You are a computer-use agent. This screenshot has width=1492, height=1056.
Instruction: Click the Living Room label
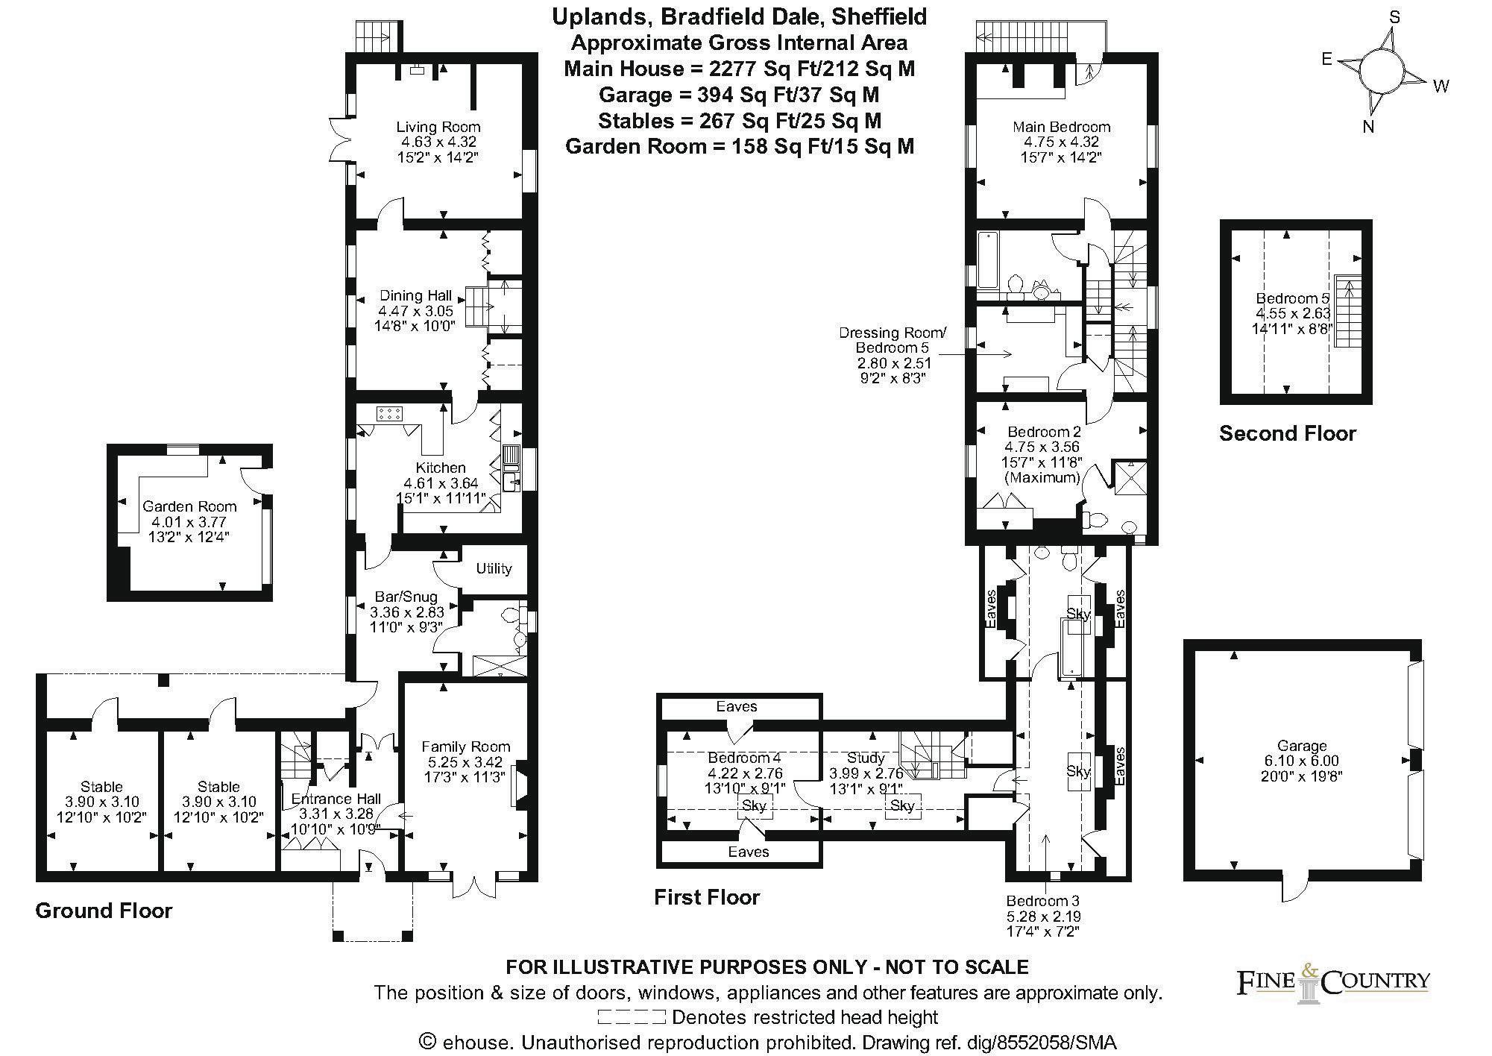[x=438, y=127]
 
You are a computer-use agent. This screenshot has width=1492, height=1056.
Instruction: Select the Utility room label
[x=494, y=568]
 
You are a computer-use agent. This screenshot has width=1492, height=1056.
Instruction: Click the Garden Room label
[x=189, y=506]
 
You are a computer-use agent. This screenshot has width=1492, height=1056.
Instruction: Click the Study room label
[x=866, y=758]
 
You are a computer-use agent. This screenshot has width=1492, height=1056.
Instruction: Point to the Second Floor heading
[x=1288, y=433]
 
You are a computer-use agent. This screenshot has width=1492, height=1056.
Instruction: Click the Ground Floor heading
[x=104, y=911]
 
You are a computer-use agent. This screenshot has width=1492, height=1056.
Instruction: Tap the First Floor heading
[x=707, y=896]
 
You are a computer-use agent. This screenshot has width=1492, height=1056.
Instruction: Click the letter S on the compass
[x=1394, y=17]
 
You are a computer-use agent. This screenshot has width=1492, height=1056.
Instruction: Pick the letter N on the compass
[x=1368, y=127]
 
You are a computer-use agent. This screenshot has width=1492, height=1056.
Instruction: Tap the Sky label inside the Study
[x=902, y=805]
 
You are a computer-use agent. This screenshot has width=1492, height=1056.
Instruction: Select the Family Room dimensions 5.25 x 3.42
[x=466, y=762]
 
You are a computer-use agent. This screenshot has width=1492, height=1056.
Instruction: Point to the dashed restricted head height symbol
[x=631, y=1016]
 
